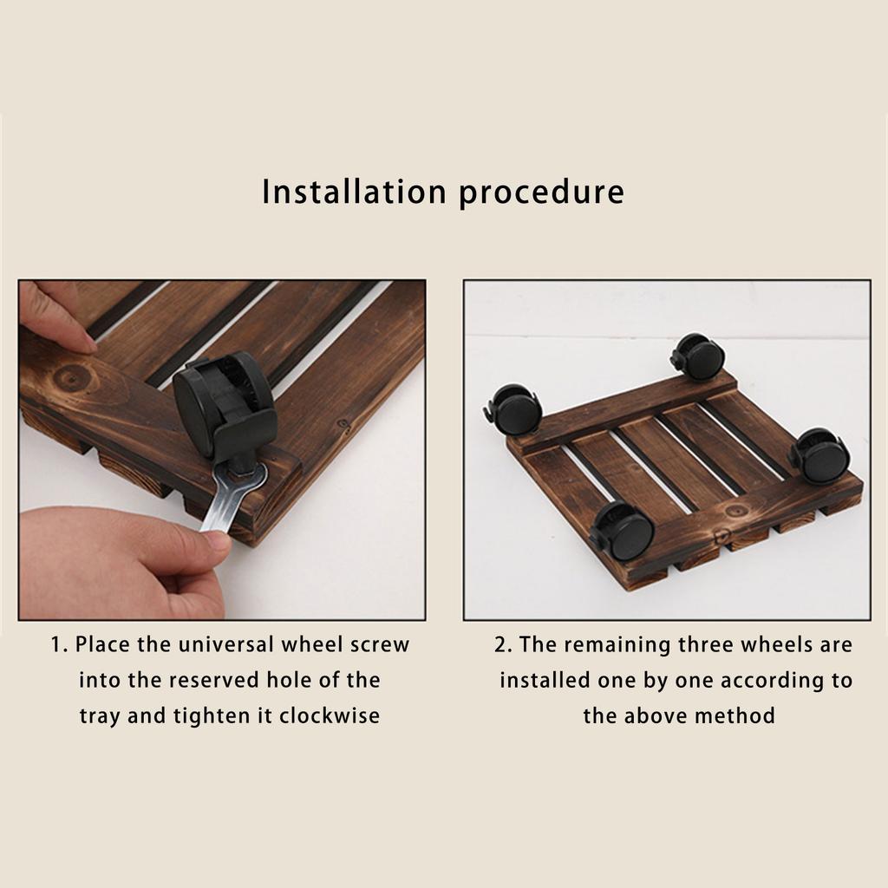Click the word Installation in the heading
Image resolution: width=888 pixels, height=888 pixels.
[x=354, y=192]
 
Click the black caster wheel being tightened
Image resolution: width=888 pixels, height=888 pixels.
[x=225, y=405]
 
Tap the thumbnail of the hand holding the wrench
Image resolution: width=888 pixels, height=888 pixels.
[x=218, y=540]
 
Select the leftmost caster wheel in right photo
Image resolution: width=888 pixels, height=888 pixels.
[x=513, y=409]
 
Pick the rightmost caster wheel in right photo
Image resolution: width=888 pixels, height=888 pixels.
[x=820, y=456]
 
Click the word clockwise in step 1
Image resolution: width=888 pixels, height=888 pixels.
[x=329, y=715]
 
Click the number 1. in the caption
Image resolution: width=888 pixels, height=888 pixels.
[x=59, y=645]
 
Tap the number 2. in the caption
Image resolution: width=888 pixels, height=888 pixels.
[x=503, y=645]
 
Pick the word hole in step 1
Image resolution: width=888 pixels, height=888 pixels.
[x=288, y=680]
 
